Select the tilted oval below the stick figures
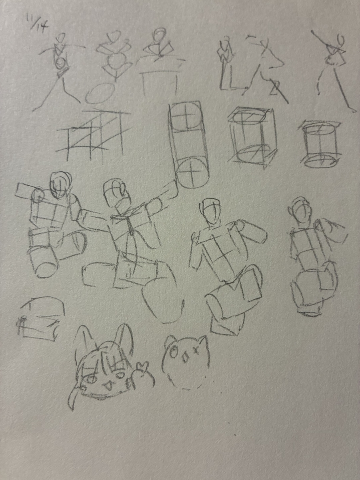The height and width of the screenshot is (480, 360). click(100, 93)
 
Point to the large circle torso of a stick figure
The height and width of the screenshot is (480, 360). click(118, 61)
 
